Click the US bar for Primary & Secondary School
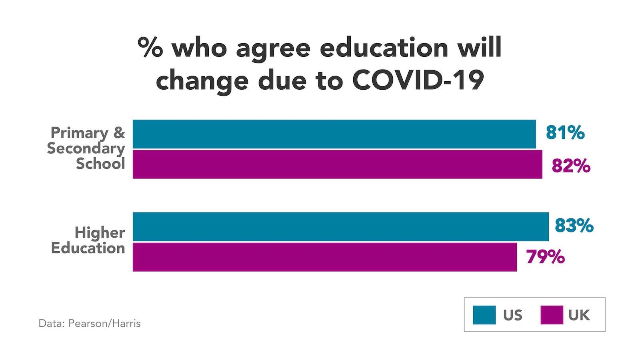334,134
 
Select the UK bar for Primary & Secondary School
337,164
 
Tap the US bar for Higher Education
340,227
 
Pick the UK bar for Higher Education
324,257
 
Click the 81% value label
565,133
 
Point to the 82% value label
571,166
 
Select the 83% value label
574,226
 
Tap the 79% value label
545,257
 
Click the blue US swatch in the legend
484,315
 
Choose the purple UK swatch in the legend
552,315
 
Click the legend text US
513,315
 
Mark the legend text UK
579,315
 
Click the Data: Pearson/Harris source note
90,323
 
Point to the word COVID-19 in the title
418,80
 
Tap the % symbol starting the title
150,48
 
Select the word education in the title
384,48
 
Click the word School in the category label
100,164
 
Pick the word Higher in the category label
100,232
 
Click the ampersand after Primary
119,133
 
